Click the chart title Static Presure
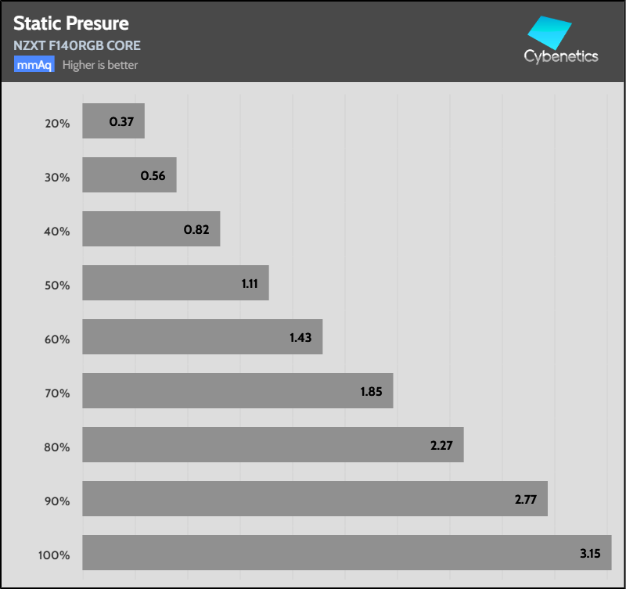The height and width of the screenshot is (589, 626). click(x=71, y=23)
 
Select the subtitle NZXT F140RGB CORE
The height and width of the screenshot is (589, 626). click(x=77, y=45)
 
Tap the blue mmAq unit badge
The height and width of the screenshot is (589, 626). click(x=34, y=65)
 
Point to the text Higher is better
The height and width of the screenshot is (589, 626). click(x=100, y=65)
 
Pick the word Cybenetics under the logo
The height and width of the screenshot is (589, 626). click(x=561, y=56)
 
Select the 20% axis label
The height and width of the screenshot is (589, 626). click(x=58, y=123)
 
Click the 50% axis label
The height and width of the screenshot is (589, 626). click(x=58, y=286)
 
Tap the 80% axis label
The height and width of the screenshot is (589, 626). click(x=58, y=447)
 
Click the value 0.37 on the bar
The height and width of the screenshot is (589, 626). click(x=121, y=121)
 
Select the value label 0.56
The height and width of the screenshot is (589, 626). click(x=153, y=175)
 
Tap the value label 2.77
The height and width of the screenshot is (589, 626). click(x=524, y=499)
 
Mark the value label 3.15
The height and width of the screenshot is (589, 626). click(x=589, y=553)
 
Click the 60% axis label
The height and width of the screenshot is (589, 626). click(x=58, y=339)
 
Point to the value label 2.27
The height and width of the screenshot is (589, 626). click(x=441, y=445)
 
